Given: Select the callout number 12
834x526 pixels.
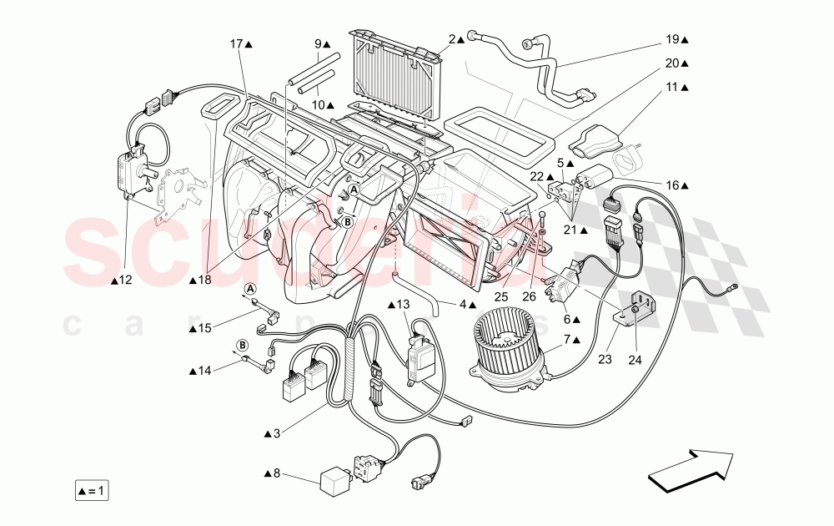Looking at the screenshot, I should point(125,281).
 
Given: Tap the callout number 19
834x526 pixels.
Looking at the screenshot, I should point(673,39).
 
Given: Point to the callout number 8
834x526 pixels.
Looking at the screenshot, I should point(278,473).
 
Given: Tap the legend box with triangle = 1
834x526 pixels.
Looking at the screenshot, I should point(91,490).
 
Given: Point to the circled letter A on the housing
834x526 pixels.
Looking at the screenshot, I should point(354,190).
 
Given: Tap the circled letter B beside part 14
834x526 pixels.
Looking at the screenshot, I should point(242,345).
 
